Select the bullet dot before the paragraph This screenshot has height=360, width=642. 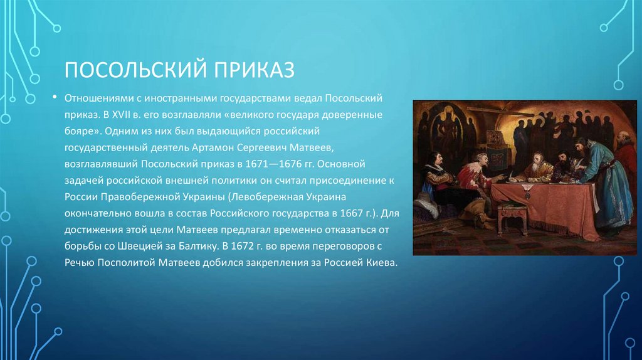coord(55,97)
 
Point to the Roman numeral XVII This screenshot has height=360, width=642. coord(121,115)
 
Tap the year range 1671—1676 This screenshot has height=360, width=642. coord(274,164)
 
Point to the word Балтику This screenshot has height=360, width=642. coord(197,246)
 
